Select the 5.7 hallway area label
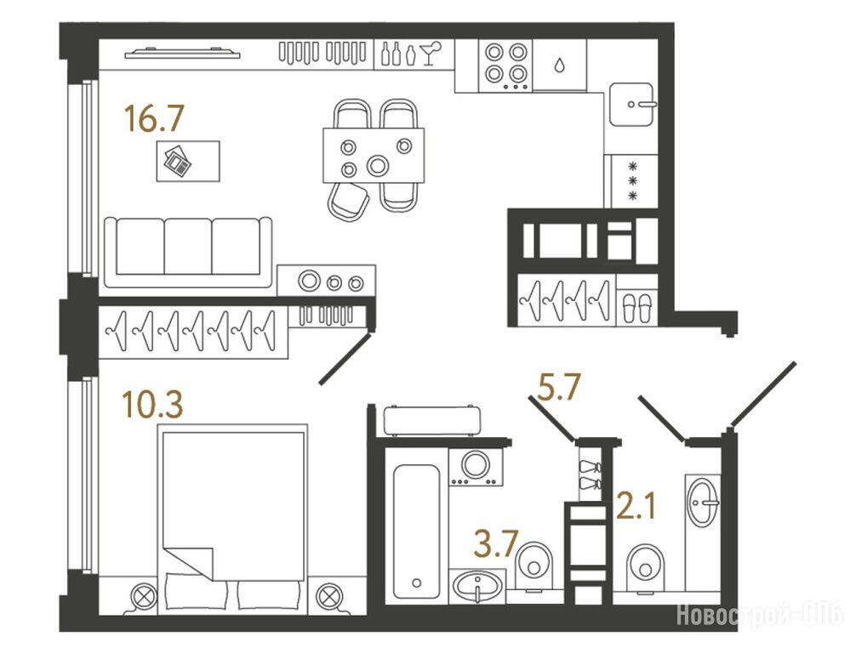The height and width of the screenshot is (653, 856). coord(558,387)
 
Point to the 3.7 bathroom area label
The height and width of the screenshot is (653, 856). coord(496,543)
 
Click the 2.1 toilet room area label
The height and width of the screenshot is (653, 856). coord(636,506)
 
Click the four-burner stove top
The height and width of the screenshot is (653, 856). coord(505,66)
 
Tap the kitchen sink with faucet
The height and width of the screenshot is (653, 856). coord(631,105)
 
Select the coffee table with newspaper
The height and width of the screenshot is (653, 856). coord(188,161)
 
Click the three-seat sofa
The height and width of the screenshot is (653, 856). coord(188,252)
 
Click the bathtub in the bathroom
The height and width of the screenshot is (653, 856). coord(417,531)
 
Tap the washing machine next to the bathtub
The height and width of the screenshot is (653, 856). coord(476,467)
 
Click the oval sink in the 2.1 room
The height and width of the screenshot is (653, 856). coord(703,502)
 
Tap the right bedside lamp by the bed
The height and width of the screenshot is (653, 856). coord(330,596)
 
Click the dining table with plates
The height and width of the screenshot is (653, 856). coord(374,156)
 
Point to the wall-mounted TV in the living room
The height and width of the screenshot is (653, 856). coord(182,53)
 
